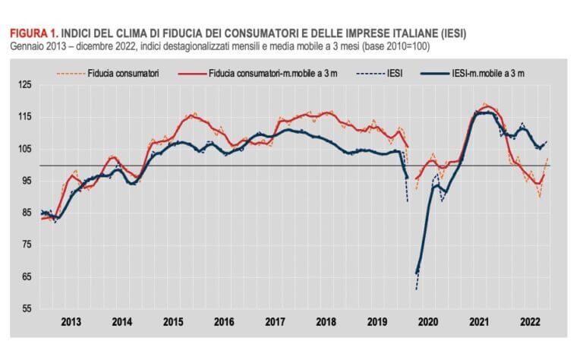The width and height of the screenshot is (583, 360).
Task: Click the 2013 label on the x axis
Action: coord(71,321)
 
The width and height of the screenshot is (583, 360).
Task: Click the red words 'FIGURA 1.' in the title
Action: coord(33,33)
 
